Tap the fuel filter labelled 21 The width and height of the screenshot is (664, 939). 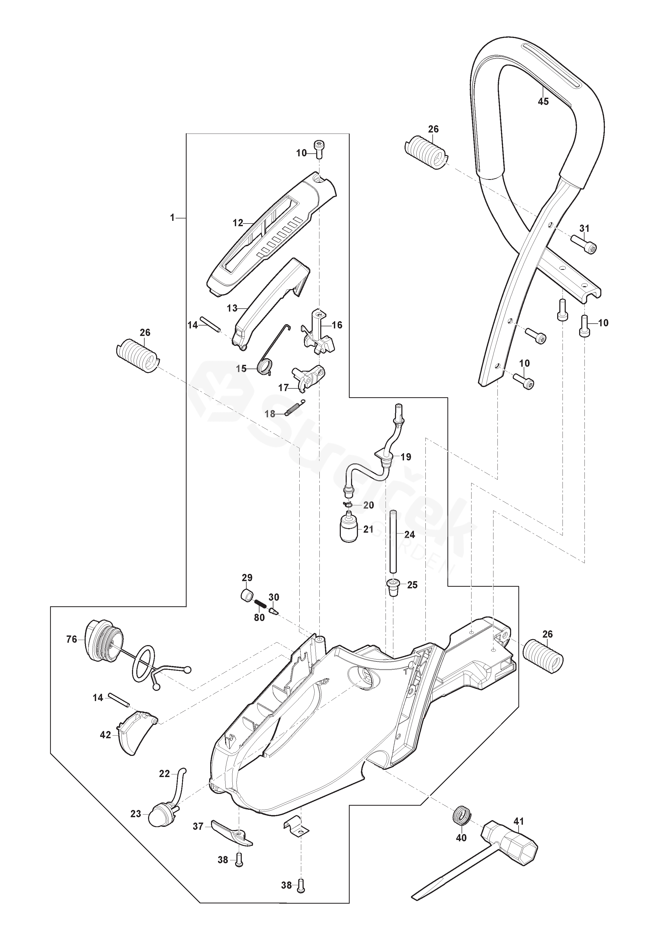(349, 529)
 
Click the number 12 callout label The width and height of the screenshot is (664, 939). (238, 223)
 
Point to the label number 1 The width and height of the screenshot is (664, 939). (172, 218)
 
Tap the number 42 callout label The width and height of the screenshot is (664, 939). (105, 735)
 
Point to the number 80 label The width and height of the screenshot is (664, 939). (259, 618)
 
